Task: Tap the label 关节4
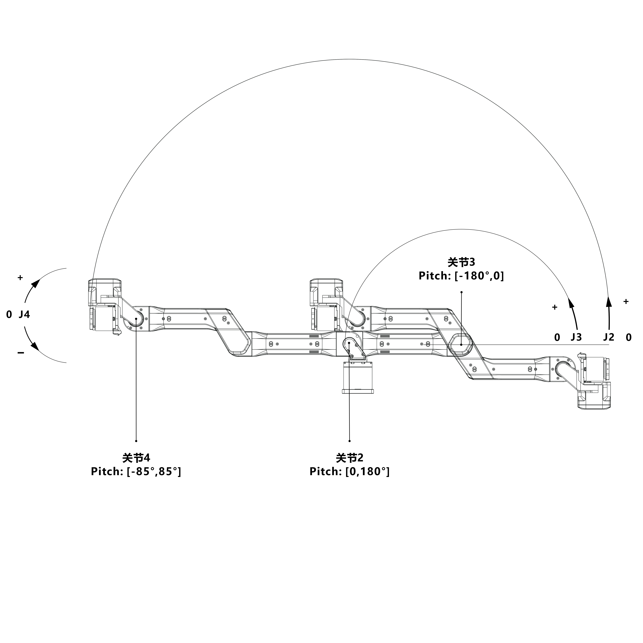(136, 458)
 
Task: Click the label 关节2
(349, 458)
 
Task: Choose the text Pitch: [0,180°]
(349, 472)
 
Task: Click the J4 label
(24, 315)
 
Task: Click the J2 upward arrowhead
(609, 301)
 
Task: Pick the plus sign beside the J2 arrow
(626, 301)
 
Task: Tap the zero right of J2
(628, 338)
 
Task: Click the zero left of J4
(9, 315)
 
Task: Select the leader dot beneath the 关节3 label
(461, 292)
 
